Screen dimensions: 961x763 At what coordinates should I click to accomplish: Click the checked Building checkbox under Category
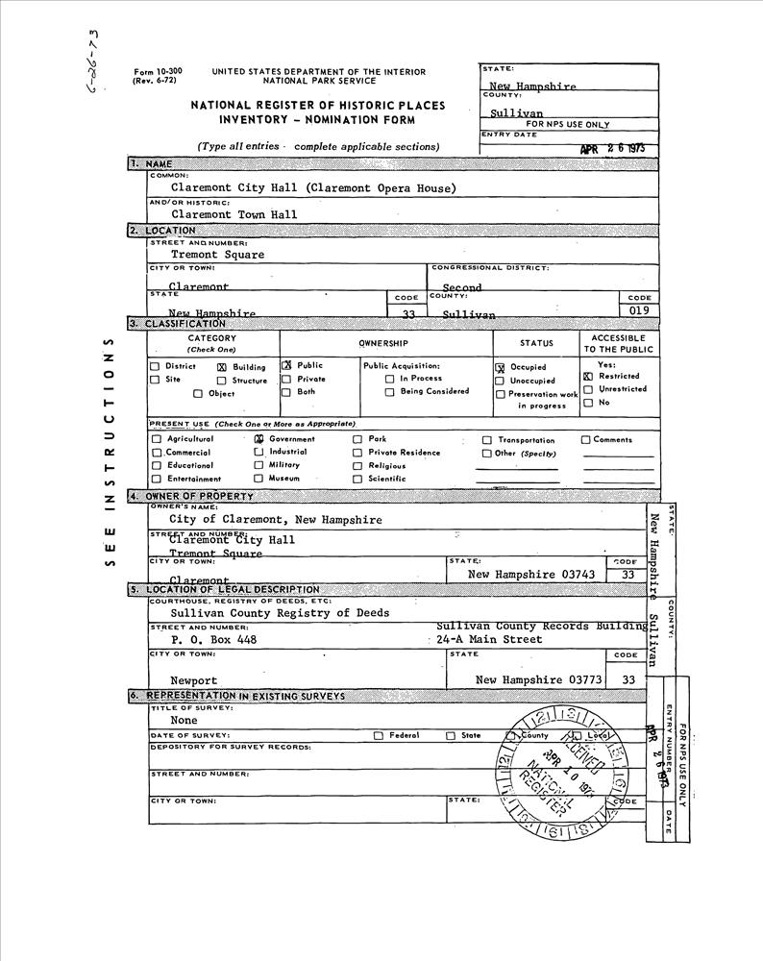tap(222, 367)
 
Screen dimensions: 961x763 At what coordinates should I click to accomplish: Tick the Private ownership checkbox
tap(286, 380)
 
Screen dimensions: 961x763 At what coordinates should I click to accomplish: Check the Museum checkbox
tap(258, 479)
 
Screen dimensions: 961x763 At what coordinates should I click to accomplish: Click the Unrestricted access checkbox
tap(588, 390)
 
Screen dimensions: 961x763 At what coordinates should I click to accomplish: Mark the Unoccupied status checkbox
tap(500, 382)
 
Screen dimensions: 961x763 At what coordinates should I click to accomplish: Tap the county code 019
tap(639, 311)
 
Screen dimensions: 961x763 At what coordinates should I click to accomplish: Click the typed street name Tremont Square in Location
tap(217, 256)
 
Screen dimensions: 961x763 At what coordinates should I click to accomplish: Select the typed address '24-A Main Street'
tap(489, 639)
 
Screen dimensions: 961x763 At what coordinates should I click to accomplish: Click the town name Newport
tap(193, 680)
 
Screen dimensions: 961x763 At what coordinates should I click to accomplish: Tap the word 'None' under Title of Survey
tap(184, 720)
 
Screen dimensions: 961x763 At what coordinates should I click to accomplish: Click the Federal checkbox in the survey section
tap(379, 736)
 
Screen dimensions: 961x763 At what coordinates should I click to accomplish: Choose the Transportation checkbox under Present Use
tap(487, 440)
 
